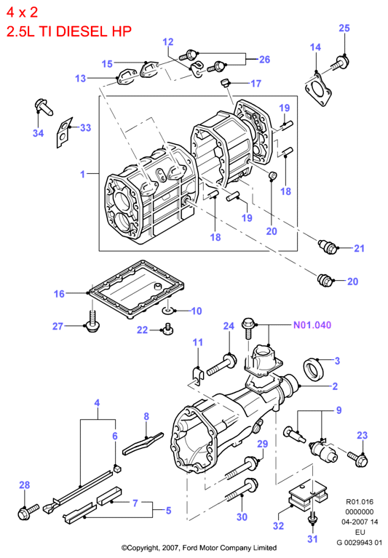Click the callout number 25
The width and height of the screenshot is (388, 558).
[x=344, y=28]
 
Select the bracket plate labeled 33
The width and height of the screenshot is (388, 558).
[x=65, y=132]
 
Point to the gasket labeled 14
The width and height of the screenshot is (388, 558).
[x=318, y=89]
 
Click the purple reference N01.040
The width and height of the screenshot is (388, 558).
[x=312, y=325]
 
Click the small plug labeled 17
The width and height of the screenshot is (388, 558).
[x=225, y=83]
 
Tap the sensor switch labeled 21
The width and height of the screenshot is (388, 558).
[x=328, y=247]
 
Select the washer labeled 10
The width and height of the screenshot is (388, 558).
[x=168, y=311]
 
